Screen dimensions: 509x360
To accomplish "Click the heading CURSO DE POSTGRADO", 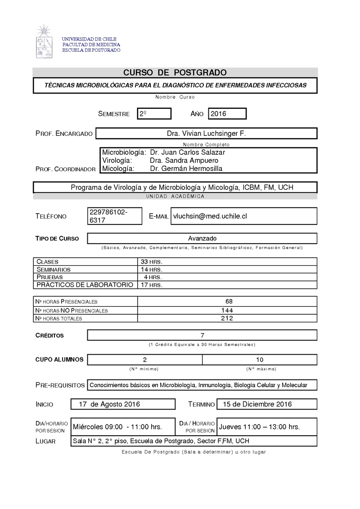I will click(x=175, y=73).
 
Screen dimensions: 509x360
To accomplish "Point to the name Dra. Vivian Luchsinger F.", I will click(x=207, y=134).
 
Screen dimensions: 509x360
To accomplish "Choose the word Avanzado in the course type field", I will click(x=202, y=238).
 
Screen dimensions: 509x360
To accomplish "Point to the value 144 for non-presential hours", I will click(x=227, y=310).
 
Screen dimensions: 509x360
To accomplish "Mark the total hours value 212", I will click(x=227, y=318).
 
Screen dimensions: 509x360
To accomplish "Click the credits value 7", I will click(x=202, y=335).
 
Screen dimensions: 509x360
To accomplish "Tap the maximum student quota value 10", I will click(x=260, y=360).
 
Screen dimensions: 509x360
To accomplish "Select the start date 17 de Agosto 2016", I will click(x=109, y=404).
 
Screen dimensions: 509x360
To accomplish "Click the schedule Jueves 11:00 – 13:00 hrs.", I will click(x=259, y=427).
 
